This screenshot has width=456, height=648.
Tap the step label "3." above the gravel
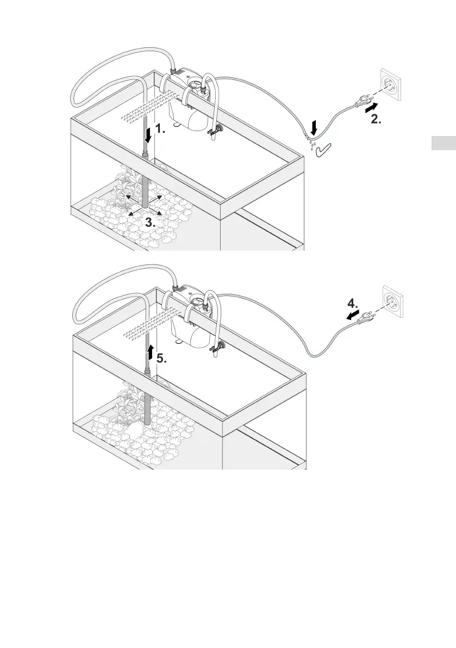coord(151,222)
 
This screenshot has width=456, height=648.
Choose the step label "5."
coord(163,359)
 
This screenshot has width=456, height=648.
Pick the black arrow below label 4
coord(353,315)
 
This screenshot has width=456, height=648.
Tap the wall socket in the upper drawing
coord(392,85)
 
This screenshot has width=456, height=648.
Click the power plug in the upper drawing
coord(361,100)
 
